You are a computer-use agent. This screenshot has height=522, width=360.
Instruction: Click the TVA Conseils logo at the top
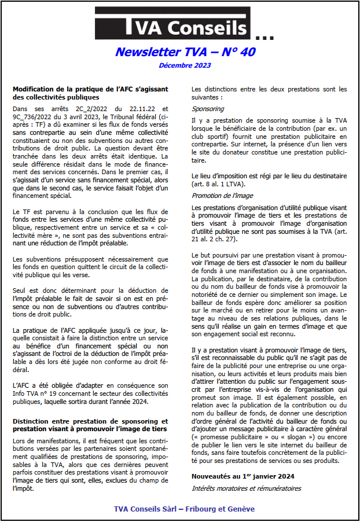point(172,27)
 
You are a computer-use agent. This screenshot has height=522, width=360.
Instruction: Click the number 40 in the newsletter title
point(246,52)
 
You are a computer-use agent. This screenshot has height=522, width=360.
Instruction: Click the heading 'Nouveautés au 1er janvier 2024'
point(243,476)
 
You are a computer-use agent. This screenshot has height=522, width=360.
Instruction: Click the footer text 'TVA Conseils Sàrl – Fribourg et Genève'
point(184,509)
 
